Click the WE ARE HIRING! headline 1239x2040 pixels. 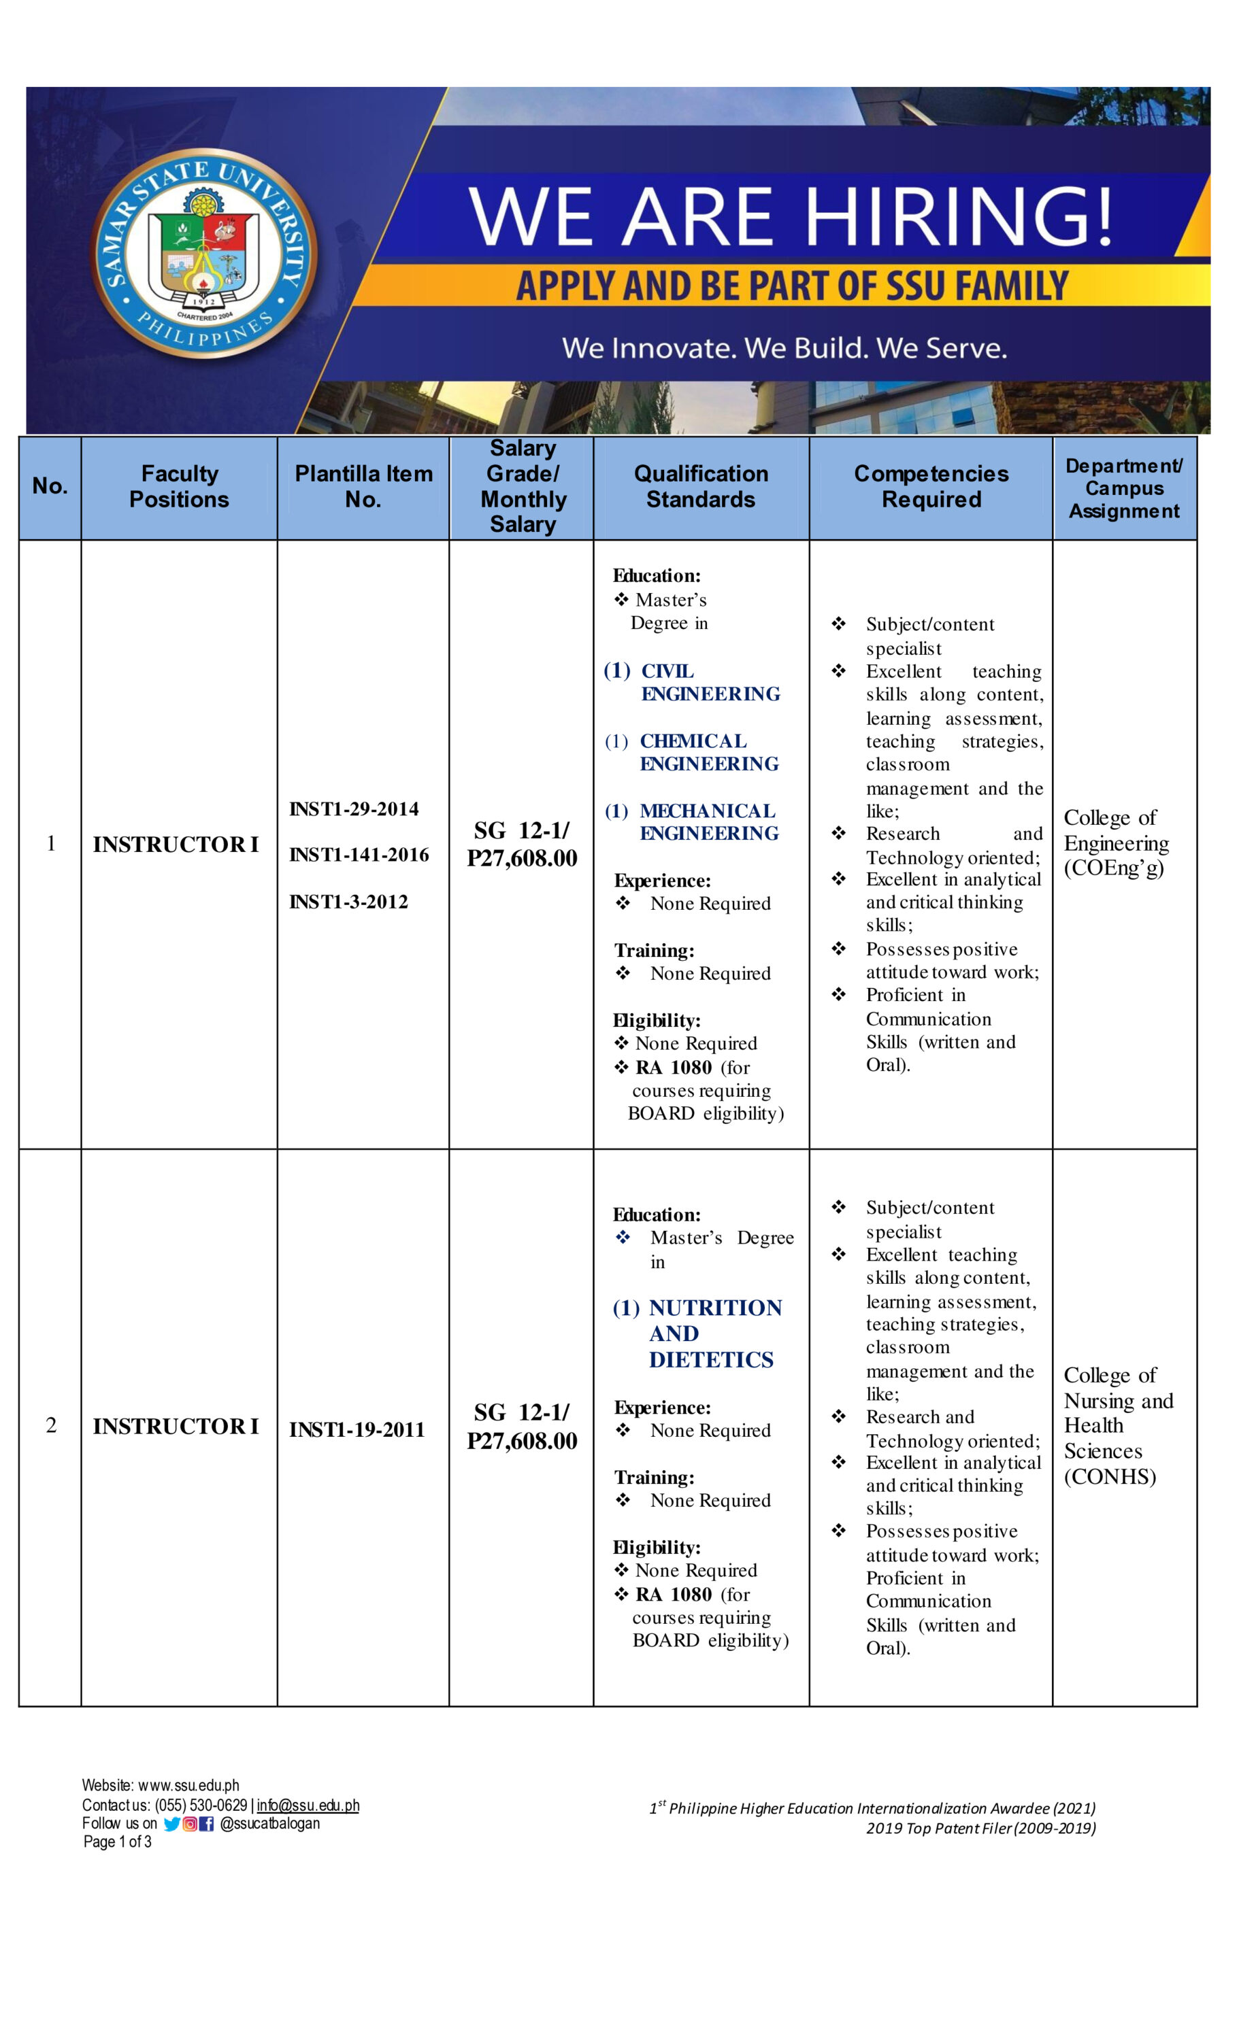click(791, 216)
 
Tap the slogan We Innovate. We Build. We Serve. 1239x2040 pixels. click(784, 347)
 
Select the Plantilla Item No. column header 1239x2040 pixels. click(363, 486)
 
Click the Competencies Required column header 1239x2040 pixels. click(931, 486)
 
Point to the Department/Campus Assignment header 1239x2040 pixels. click(1124, 488)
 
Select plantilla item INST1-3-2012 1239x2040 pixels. click(348, 902)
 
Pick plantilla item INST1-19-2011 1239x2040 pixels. click(356, 1430)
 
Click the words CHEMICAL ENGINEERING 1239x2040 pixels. click(708, 752)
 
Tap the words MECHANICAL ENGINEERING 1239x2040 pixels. click(708, 822)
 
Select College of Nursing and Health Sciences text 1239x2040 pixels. click(1117, 1426)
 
